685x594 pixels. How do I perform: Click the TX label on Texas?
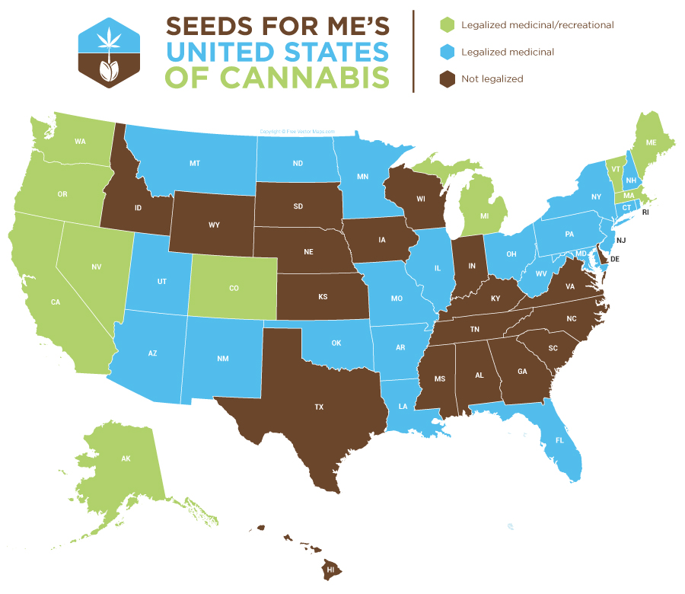click(x=319, y=407)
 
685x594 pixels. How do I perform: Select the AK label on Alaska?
click(x=126, y=459)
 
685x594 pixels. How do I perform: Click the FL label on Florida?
click(x=559, y=440)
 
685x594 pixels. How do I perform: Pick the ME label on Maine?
click(x=651, y=142)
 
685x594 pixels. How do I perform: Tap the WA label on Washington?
click(x=80, y=142)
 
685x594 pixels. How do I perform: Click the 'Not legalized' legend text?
click(x=492, y=78)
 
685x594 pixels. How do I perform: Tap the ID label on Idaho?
click(x=139, y=208)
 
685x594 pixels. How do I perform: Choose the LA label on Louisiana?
click(x=403, y=407)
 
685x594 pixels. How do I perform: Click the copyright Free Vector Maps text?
click(x=297, y=131)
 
